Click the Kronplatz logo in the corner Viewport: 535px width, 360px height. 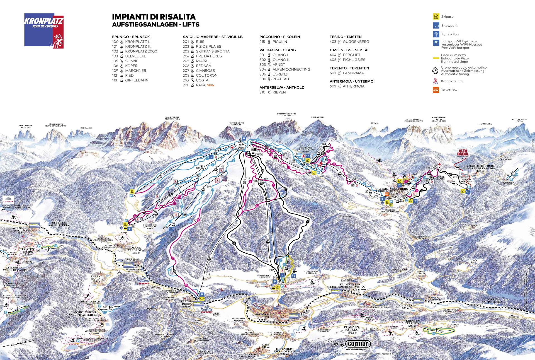tap(44, 31)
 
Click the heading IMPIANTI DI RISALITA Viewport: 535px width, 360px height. tap(154, 17)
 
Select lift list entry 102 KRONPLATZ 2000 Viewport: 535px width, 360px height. tap(135, 51)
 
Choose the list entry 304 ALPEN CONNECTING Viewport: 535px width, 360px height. tap(284, 69)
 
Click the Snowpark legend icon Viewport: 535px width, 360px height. tap(436, 25)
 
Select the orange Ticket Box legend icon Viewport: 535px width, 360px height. tap(436, 90)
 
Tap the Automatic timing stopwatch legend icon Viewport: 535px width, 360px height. tap(435, 71)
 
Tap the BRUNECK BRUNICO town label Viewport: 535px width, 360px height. tap(262, 316)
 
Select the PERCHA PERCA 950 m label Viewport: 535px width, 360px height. tap(187, 304)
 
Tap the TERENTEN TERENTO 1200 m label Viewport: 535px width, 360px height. tap(412, 323)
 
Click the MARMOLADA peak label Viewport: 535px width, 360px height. tap(485, 124)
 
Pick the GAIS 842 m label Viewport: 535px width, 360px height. tap(266, 346)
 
